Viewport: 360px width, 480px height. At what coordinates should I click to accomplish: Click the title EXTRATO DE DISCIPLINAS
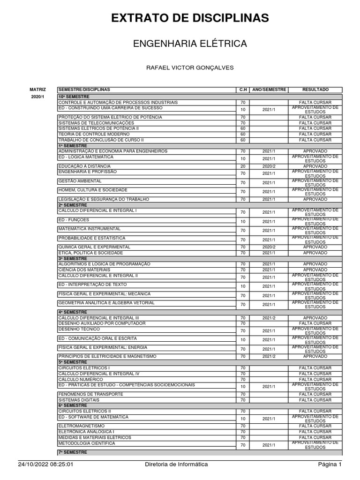(190, 18)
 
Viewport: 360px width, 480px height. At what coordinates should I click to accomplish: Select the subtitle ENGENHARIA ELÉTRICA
(190, 44)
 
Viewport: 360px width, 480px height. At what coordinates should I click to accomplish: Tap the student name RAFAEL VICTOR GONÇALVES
(190, 68)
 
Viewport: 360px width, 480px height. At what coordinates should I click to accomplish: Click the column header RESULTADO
(315, 90)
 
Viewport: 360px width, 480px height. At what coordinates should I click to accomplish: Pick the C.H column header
(243, 90)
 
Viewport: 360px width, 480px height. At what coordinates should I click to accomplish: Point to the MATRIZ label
(38, 90)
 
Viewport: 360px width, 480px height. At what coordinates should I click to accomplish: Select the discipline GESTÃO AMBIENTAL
(80, 181)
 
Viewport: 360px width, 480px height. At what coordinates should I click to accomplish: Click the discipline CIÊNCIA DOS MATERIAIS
(84, 270)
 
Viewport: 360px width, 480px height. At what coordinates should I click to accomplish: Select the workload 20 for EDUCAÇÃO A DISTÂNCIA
(243, 166)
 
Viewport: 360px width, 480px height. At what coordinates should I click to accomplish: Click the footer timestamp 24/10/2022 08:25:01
(46, 465)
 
